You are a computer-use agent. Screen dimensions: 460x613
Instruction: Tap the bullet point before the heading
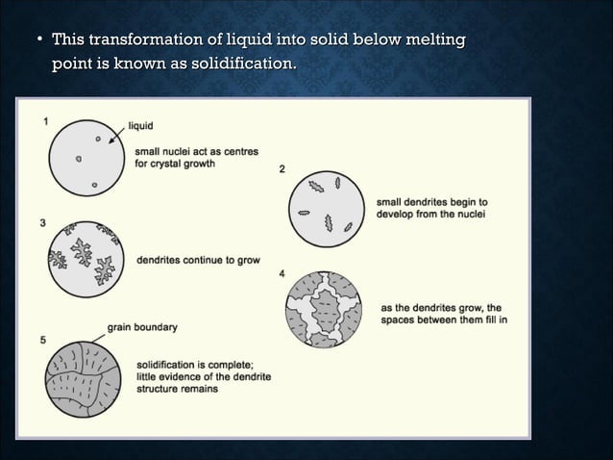tap(39, 40)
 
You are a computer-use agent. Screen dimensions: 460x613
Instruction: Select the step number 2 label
tap(282, 169)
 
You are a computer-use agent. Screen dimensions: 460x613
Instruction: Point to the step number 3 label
tap(41, 223)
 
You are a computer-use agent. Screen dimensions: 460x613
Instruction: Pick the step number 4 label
tap(281, 274)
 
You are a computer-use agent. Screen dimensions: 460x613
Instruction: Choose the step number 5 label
tap(43, 339)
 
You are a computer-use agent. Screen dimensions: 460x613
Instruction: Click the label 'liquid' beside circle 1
tap(140, 126)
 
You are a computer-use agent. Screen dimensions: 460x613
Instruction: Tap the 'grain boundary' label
tap(142, 327)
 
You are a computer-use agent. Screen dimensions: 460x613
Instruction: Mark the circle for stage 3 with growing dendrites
tap(86, 259)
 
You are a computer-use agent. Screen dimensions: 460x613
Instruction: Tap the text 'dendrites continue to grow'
tap(198, 260)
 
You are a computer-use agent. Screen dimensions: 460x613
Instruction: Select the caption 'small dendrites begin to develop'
tap(431, 208)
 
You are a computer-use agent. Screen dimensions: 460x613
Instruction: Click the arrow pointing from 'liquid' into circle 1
tap(116, 135)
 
